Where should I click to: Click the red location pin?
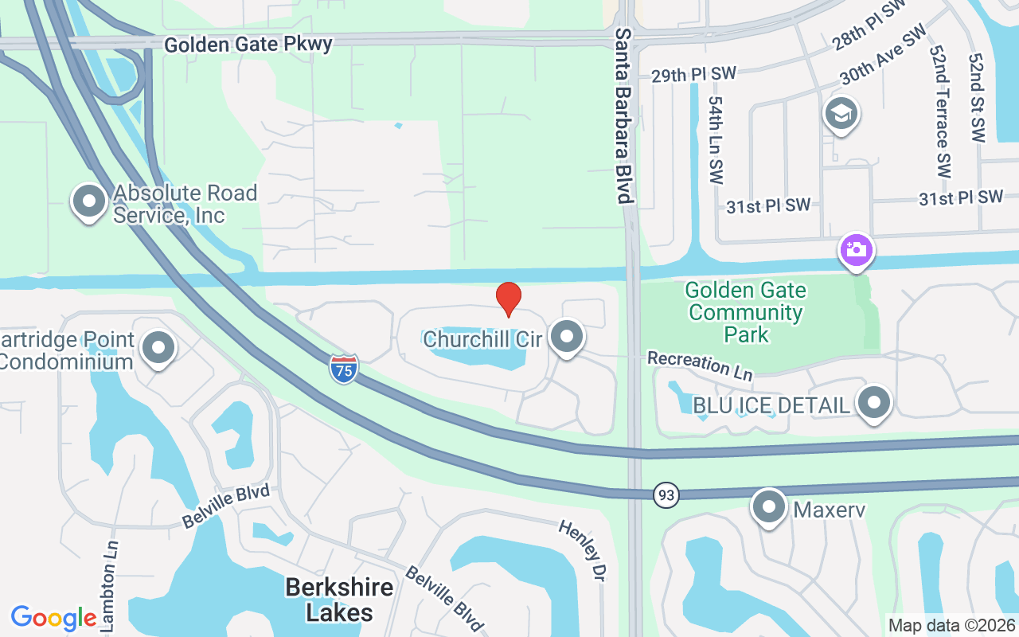pyautogui.click(x=509, y=299)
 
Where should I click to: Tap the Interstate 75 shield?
pyautogui.click(x=344, y=369)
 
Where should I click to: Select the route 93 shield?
pyautogui.click(x=666, y=495)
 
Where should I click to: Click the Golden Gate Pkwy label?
pyautogui.click(x=248, y=45)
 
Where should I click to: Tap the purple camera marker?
pyautogui.click(x=857, y=251)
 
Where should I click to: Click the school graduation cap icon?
pyautogui.click(x=841, y=114)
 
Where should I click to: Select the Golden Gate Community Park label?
pyautogui.click(x=746, y=312)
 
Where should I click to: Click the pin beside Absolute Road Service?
pyautogui.click(x=89, y=201)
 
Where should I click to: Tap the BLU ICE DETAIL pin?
pyautogui.click(x=874, y=403)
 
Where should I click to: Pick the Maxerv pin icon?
pyautogui.click(x=769, y=507)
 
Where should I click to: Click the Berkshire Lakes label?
pyautogui.click(x=340, y=600)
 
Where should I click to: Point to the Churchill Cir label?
pyautogui.click(x=483, y=339)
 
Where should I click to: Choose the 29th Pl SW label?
pyautogui.click(x=693, y=75)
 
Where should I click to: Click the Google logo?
pyautogui.click(x=53, y=618)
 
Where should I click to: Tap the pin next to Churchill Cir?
pyautogui.click(x=567, y=337)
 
